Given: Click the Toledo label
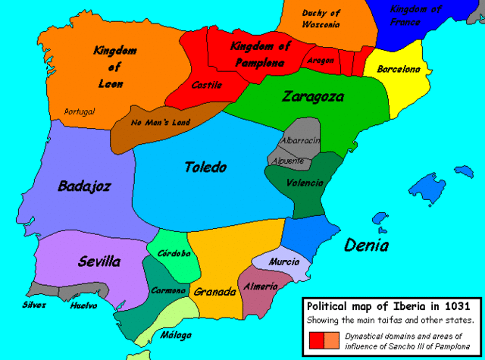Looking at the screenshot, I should click(205, 167).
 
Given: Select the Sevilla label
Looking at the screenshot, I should click(99, 262).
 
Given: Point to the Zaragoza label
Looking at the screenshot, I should click(313, 97).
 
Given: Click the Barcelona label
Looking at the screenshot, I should click(399, 69).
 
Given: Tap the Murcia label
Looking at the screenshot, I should click(284, 261).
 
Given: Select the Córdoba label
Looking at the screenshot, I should click(174, 254).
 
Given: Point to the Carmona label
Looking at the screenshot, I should click(169, 290).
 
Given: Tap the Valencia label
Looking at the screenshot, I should click(305, 183).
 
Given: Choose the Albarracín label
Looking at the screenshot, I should click(301, 141).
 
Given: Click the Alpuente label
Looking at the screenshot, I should click(290, 161).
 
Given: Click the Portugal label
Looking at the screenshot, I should click(80, 111).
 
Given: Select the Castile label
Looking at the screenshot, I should click(207, 85).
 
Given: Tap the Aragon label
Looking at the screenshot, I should click(321, 60).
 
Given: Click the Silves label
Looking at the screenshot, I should click(33, 305).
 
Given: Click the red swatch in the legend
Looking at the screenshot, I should click(318, 341).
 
